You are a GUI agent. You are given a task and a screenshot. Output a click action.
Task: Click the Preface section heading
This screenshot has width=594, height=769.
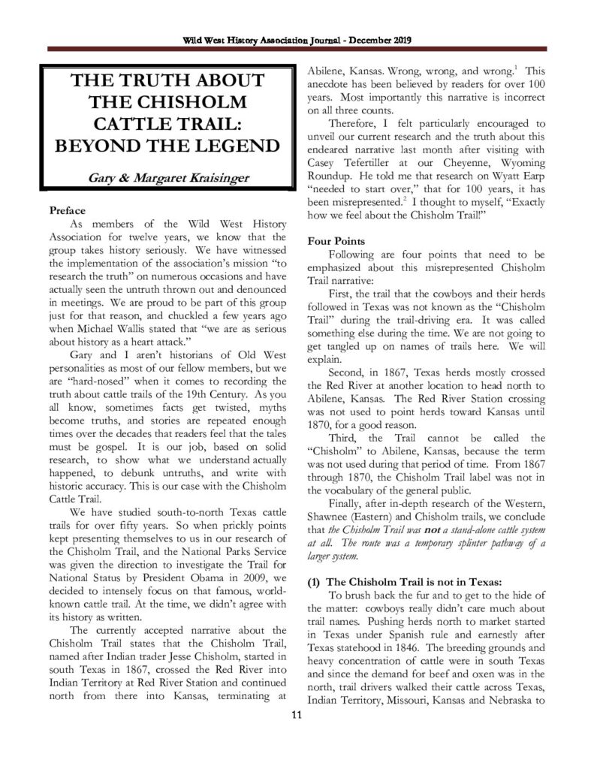(67, 210)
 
